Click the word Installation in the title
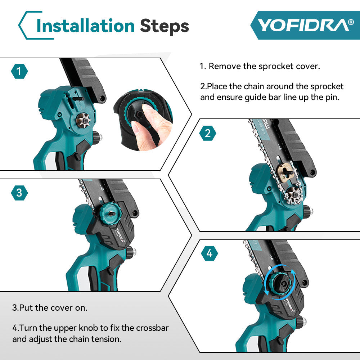tap(86, 26)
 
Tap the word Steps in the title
tap(164, 26)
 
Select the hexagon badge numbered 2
tap(207, 134)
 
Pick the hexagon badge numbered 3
tap(19, 193)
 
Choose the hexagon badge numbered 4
tap(209, 254)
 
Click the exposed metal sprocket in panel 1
tap(84, 119)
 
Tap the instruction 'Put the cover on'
tap(50, 308)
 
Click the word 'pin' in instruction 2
tap(332, 97)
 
